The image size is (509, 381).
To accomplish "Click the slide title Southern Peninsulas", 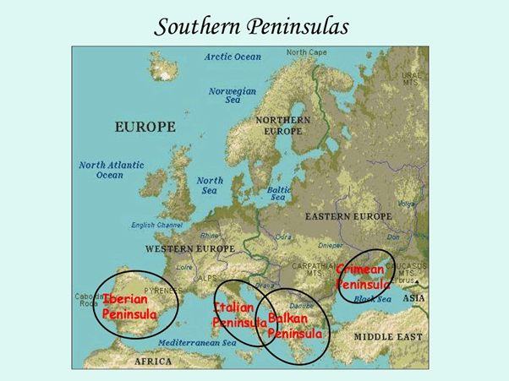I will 252,26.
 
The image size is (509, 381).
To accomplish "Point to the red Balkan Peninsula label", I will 293,325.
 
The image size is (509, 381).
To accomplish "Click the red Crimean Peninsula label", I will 361,276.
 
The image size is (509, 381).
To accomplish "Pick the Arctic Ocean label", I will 233,57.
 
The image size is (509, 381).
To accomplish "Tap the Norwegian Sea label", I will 233,95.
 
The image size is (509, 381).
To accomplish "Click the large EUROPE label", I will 145,127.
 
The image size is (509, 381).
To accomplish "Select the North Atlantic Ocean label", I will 112,170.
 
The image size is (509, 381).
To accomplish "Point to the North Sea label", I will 210,185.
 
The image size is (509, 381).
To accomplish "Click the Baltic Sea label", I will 279,193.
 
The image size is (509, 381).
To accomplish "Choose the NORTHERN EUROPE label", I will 282,126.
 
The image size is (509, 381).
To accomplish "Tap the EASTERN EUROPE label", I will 348,217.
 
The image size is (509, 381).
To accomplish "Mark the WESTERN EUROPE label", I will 190,249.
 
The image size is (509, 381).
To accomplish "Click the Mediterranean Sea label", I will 197,343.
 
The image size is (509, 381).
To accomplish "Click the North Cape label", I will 307,52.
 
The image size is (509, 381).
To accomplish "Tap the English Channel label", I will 156,226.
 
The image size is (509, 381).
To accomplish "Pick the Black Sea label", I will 372,299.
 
